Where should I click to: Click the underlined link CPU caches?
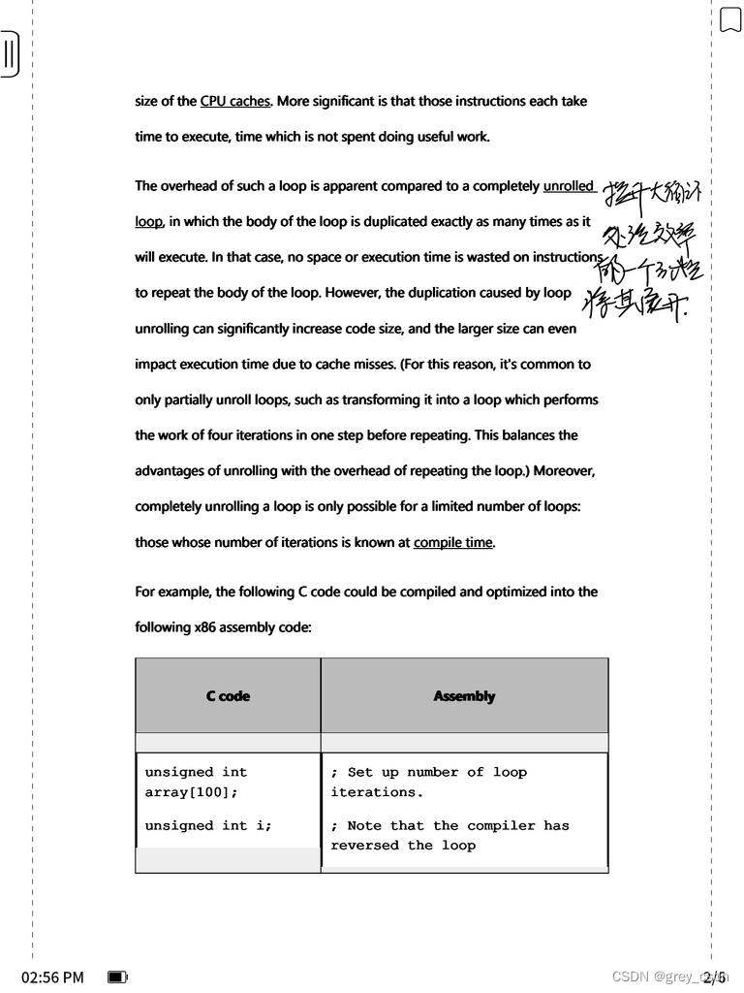[234, 101]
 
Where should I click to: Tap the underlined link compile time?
[453, 542]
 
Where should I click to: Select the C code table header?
[228, 696]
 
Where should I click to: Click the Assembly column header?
[464, 696]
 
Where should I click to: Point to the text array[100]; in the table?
[192, 792]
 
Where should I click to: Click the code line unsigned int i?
[208, 825]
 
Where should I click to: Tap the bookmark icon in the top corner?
[729, 19]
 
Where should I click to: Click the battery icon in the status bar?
[117, 977]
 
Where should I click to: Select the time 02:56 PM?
[52, 977]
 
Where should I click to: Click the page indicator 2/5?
[715, 977]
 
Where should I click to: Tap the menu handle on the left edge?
[9, 54]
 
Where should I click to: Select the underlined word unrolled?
[569, 185]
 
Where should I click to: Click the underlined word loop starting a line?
[148, 221]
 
